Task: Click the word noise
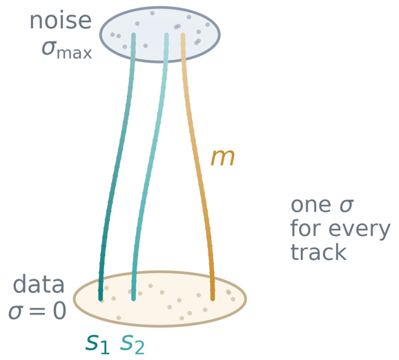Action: (x=61, y=21)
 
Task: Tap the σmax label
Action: (x=67, y=50)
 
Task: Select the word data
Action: (x=39, y=283)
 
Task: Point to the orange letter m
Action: (x=222, y=158)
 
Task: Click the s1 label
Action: (x=97, y=344)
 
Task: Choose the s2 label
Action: (x=133, y=344)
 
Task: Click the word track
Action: (x=318, y=252)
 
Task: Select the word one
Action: (x=311, y=205)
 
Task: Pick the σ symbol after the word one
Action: (x=347, y=205)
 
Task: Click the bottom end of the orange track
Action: (x=213, y=299)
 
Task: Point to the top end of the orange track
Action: (x=183, y=34)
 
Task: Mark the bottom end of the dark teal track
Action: (x=101, y=299)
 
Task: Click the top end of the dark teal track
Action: (x=133, y=34)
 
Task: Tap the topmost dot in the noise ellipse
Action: (x=152, y=13)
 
